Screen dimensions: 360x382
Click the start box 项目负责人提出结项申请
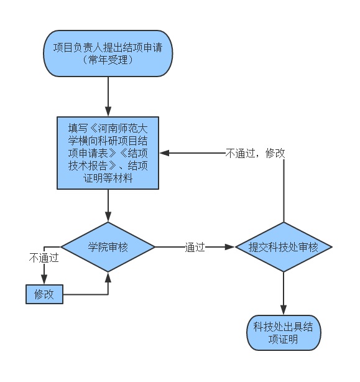tap(108, 54)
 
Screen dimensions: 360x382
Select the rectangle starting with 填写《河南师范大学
tap(108, 153)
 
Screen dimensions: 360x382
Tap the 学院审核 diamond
tap(108, 247)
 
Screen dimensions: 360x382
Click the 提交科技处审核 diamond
tap(284, 247)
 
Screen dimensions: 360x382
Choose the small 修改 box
tap(44, 294)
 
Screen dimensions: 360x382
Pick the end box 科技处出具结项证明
tap(284, 333)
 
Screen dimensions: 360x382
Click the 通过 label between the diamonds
tap(195, 247)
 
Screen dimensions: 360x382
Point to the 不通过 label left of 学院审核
tap(44, 258)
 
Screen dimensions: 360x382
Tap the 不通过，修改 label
tap(255, 153)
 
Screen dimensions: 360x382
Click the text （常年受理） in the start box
tap(108, 60)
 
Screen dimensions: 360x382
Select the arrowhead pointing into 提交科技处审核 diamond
tap(229, 247)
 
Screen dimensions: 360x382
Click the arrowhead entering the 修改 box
tap(44, 279)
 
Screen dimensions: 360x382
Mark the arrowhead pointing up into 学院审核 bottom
tap(108, 277)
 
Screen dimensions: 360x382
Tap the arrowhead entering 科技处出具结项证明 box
tap(284, 310)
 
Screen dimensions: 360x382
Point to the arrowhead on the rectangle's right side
tap(165, 153)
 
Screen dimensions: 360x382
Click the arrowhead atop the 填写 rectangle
tap(108, 111)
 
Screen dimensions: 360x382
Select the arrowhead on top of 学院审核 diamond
tap(108, 217)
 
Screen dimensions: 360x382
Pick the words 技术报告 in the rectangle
tap(88, 166)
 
